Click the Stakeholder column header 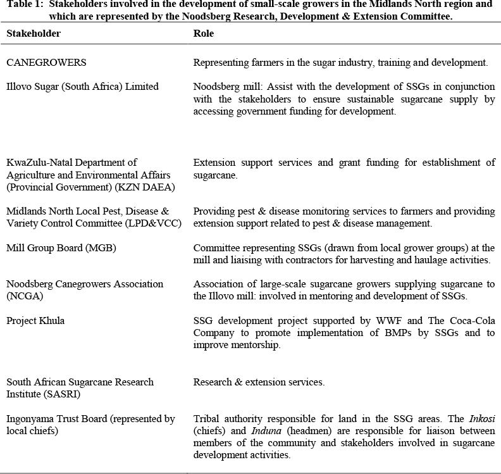[x=34, y=34]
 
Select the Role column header [x=203, y=34]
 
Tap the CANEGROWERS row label [x=46, y=63]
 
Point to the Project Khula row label [x=35, y=321]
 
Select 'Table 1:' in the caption [x=23, y=4]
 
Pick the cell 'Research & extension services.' [x=259, y=382]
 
